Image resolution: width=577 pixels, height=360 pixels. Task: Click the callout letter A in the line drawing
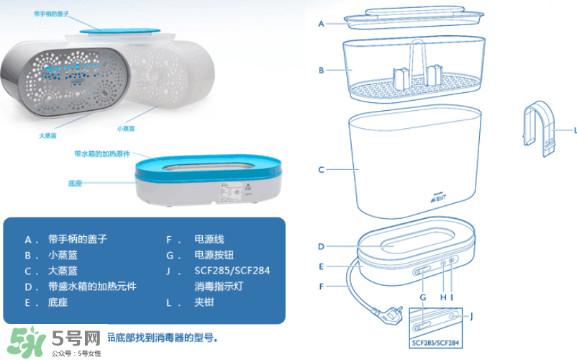pyautogui.click(x=322, y=24)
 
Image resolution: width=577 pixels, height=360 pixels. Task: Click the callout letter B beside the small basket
pyautogui.click(x=322, y=71)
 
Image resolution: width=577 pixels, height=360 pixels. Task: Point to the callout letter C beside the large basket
pyautogui.click(x=322, y=170)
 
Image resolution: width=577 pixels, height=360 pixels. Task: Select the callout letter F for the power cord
pyautogui.click(x=322, y=287)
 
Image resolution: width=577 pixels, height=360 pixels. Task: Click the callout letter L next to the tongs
pyautogui.click(x=575, y=130)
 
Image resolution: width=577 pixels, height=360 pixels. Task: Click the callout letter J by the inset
pyautogui.click(x=471, y=315)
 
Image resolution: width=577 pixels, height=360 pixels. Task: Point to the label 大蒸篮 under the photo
pyautogui.click(x=47, y=135)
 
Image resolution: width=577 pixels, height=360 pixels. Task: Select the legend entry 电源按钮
pyautogui.click(x=214, y=255)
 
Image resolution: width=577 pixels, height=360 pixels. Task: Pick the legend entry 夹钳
pyautogui.click(x=204, y=302)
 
